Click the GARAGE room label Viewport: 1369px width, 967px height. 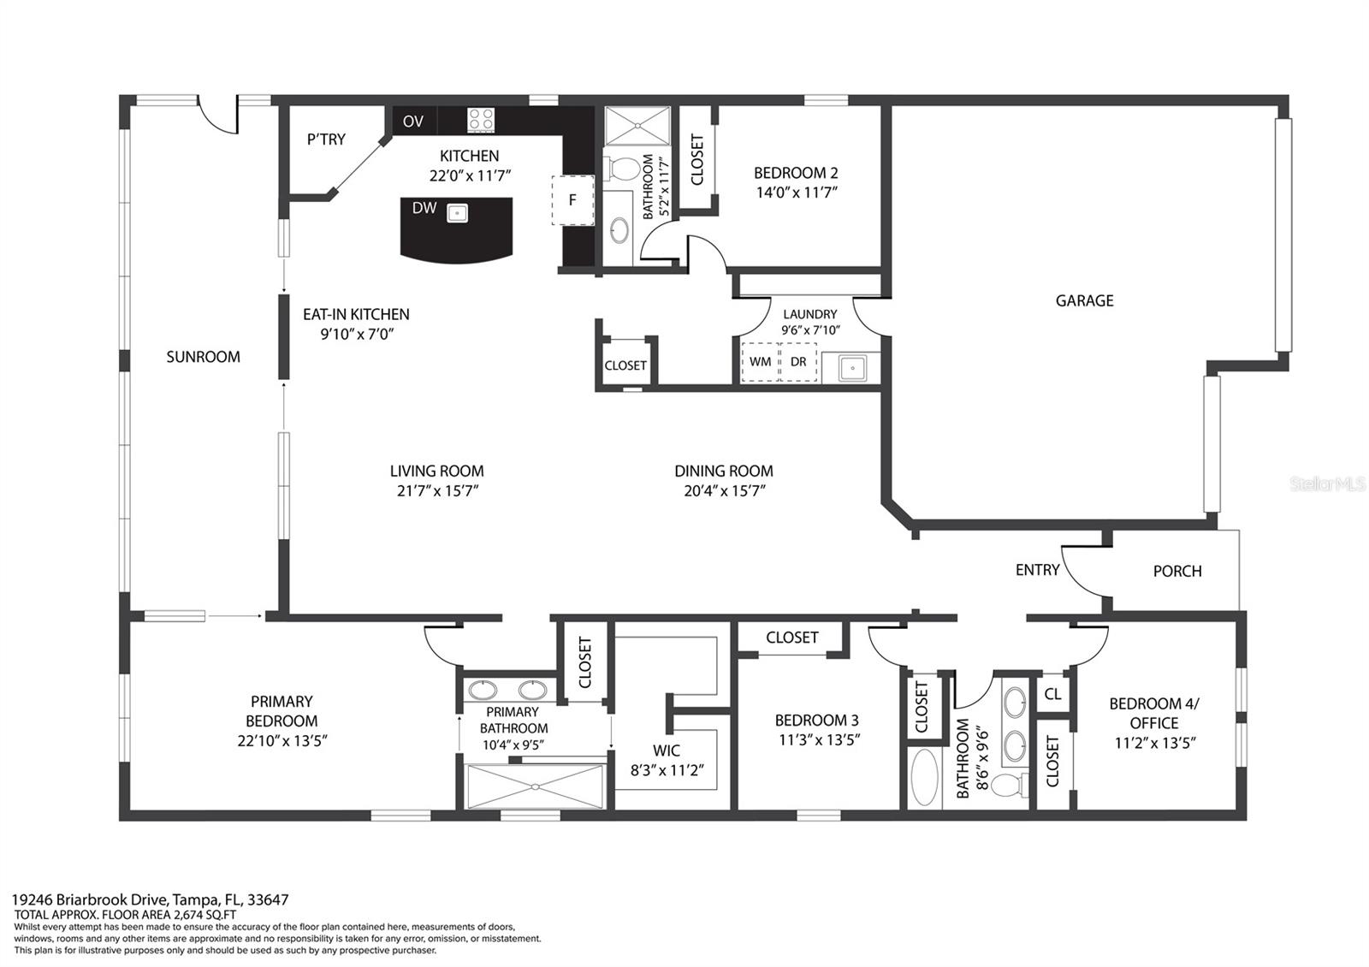point(1084,300)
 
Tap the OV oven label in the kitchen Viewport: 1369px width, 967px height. point(413,121)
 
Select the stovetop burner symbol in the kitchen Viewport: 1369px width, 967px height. point(480,120)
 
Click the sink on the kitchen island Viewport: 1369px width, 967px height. point(457,213)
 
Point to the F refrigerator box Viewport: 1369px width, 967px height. point(572,200)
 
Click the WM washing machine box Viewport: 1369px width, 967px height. point(760,362)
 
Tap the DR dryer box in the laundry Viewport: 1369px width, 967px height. point(798,362)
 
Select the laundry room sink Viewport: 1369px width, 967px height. point(851,368)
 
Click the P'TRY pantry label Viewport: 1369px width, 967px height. point(326,139)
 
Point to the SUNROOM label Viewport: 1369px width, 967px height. point(203,356)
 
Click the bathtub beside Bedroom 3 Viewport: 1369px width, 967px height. point(924,777)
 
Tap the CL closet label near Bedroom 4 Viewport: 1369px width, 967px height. point(1052,694)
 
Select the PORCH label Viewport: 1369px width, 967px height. point(1177,571)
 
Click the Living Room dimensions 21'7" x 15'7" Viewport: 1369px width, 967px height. point(437,491)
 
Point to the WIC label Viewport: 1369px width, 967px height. point(667,750)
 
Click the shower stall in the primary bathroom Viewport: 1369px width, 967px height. point(534,786)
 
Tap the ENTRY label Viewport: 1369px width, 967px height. point(1037,570)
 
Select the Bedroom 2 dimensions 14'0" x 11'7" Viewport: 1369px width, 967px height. point(797,193)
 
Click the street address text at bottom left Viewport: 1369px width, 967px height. point(151,899)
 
